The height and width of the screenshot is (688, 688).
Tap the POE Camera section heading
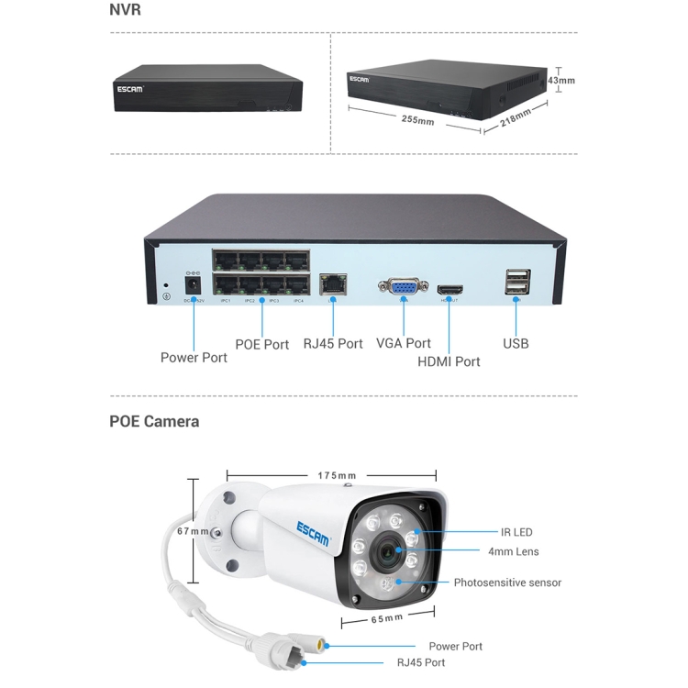[154, 422]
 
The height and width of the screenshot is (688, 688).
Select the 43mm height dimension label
[560, 80]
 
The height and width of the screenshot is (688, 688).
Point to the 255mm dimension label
[417, 119]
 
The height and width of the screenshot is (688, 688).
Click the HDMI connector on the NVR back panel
[449, 288]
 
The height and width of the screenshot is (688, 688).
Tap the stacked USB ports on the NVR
[516, 283]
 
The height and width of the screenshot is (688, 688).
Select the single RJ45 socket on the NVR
[331, 285]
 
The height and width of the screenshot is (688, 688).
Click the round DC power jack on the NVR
[194, 285]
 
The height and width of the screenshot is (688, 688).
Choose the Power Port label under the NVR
[194, 357]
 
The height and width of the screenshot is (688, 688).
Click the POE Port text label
[262, 344]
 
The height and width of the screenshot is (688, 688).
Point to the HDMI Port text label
[449, 361]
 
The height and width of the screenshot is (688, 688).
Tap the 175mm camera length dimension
[337, 475]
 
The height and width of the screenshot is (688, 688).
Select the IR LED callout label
[516, 532]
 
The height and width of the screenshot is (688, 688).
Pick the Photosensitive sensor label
[507, 583]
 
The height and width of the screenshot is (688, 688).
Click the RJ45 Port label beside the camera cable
[421, 662]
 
